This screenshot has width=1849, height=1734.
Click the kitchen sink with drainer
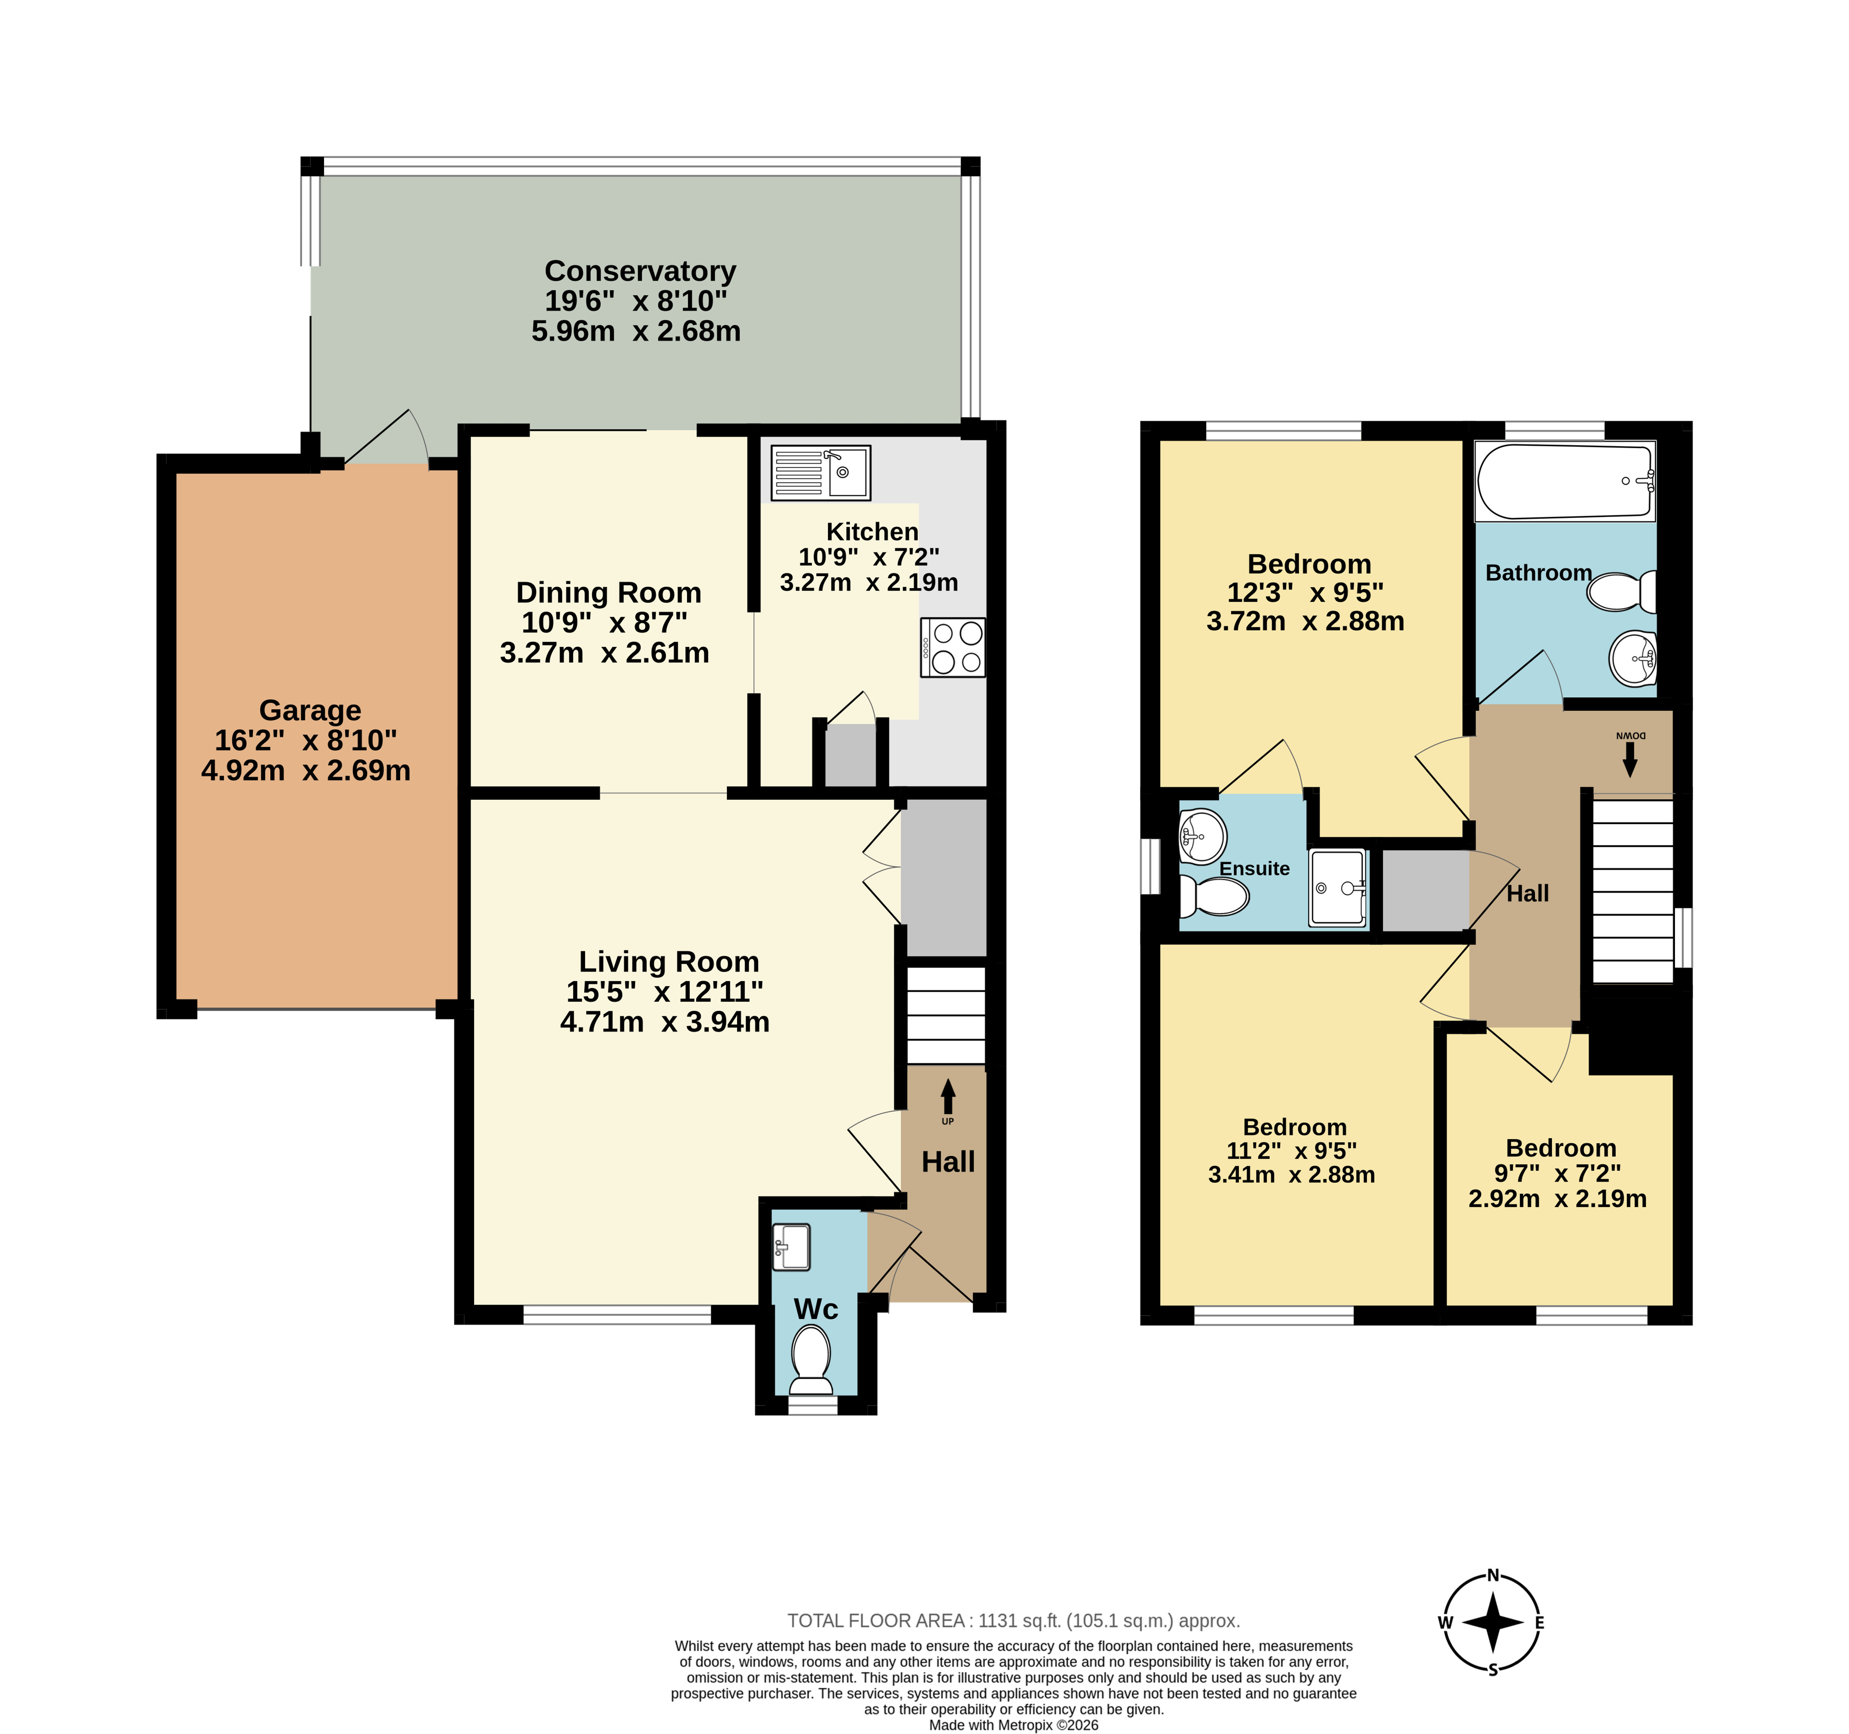pyautogui.click(x=820, y=473)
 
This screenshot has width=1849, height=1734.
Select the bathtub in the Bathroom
pyautogui.click(x=1565, y=481)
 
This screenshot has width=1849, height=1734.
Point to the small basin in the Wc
pyautogui.click(x=791, y=1246)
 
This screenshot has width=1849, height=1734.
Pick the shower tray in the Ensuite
pyautogui.click(x=1337, y=888)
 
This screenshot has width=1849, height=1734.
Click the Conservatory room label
pyautogui.click(x=640, y=271)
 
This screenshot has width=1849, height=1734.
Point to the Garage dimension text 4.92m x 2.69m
pyautogui.click(x=306, y=770)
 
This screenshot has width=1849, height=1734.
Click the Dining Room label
pyautogui.click(x=608, y=592)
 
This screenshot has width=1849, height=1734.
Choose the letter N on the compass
pyautogui.click(x=1493, y=1575)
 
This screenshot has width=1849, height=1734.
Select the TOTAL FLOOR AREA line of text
pyautogui.click(x=1014, y=1621)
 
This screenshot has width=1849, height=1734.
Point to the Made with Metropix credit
pyautogui.click(x=1014, y=1725)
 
